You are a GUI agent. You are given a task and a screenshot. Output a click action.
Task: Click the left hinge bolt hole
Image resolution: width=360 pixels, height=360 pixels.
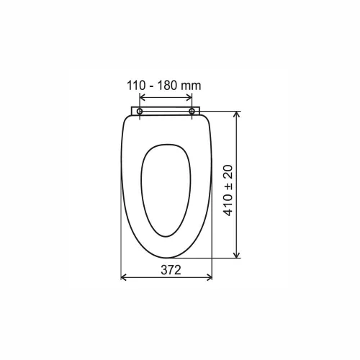point(140,112)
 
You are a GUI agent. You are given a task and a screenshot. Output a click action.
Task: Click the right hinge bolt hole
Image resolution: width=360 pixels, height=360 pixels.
point(192,111)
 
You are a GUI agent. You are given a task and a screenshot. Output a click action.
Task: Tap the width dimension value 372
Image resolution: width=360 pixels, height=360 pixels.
point(171,270)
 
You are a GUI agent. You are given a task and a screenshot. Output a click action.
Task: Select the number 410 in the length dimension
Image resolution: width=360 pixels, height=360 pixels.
point(228,204)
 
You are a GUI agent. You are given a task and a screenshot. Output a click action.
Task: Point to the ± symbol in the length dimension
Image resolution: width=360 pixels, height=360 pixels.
point(228,186)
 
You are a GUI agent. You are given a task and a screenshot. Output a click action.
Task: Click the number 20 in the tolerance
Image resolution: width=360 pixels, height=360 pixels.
point(228,172)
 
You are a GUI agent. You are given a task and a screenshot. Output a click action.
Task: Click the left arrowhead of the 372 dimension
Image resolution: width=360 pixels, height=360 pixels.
point(123,278)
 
